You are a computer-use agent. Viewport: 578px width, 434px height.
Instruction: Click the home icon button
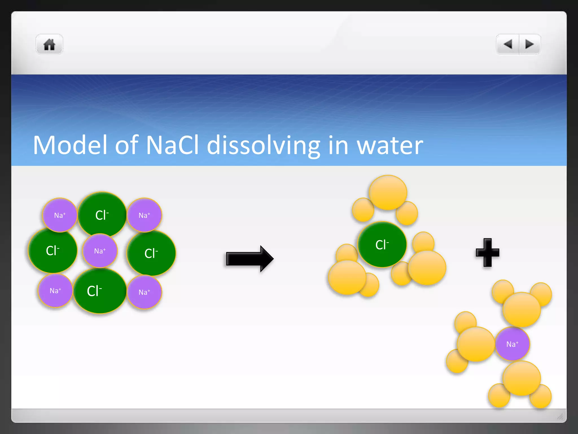pyautogui.click(x=49, y=44)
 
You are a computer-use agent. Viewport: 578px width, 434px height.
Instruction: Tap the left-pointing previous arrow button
pyautogui.click(x=508, y=44)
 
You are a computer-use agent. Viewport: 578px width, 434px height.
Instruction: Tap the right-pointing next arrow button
pyautogui.click(x=529, y=44)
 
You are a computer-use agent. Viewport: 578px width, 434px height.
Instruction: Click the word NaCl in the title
pyautogui.click(x=172, y=145)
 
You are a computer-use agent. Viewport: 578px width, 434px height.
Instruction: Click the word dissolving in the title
pyautogui.click(x=264, y=145)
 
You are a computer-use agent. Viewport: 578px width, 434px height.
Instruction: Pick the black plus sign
pyautogui.click(x=487, y=253)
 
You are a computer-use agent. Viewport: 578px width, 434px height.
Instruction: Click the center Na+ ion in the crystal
pyautogui.click(x=100, y=251)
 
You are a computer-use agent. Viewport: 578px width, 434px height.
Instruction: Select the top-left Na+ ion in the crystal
pyautogui.click(x=60, y=215)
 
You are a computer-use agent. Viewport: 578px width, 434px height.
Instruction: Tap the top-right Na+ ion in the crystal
pyautogui.click(x=144, y=215)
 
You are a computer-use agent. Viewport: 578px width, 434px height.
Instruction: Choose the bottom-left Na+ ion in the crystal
pyautogui.click(x=55, y=291)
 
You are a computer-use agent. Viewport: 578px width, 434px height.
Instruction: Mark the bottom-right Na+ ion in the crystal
pyautogui.click(x=144, y=292)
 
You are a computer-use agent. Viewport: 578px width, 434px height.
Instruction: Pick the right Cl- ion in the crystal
pyautogui.click(x=151, y=253)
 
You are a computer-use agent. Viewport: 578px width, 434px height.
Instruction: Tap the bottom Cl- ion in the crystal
pyautogui.click(x=99, y=291)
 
